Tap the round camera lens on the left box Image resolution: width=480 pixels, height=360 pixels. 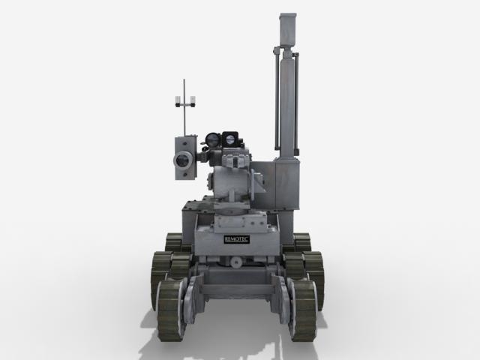point(182,160)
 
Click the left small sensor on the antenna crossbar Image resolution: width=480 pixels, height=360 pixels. point(177,100)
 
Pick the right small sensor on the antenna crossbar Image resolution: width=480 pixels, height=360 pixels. point(192,100)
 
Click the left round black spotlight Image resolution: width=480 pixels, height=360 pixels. point(213,139)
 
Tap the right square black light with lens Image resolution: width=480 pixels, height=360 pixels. point(230,139)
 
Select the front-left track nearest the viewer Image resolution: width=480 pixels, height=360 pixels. point(172,308)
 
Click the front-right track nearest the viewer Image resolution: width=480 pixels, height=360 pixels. point(303,308)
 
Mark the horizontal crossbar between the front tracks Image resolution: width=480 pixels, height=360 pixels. point(238,289)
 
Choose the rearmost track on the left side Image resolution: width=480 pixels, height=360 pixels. point(174,241)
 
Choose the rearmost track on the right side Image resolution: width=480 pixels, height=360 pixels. point(302,241)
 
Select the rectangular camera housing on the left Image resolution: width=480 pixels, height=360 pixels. point(184,157)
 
